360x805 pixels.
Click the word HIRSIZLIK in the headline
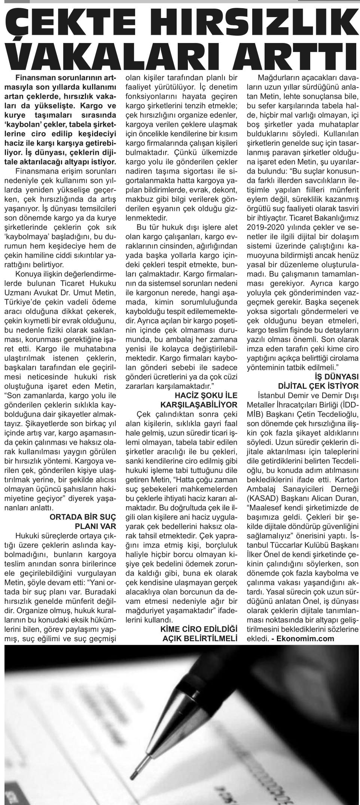[x=259, y=23]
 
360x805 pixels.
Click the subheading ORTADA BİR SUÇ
[x=83, y=517]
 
